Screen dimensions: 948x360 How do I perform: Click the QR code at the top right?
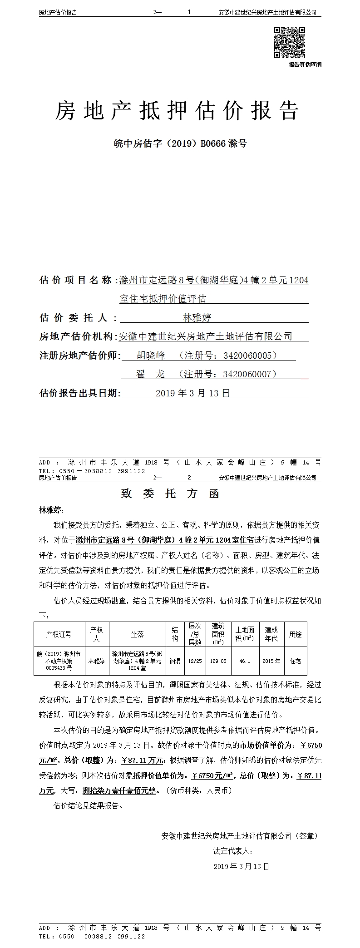point(289,42)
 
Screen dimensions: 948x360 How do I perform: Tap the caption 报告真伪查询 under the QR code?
point(305,64)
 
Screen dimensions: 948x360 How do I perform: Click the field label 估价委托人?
point(76,317)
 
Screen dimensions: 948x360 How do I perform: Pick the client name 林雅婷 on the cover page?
point(197,317)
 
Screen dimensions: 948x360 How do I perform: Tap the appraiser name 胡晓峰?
point(151,355)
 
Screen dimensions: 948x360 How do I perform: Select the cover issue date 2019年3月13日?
point(192,393)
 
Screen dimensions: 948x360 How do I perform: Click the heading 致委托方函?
point(170,494)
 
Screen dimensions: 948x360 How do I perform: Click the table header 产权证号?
point(59,634)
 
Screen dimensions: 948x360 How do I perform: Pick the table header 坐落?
point(137,634)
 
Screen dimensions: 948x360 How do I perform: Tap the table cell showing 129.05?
point(218,661)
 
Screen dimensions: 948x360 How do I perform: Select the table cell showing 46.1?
point(245,661)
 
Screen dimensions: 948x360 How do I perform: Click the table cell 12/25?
point(195,661)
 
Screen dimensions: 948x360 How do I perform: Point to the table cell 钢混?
point(175,661)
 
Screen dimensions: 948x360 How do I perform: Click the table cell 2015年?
point(271,661)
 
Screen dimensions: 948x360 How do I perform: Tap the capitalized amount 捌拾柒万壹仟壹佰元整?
point(119,790)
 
